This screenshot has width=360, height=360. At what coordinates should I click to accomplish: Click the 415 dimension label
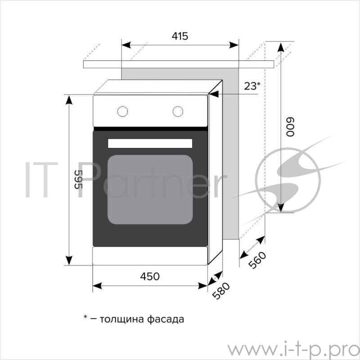tap(180, 36)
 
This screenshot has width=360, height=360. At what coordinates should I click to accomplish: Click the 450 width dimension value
tap(150, 276)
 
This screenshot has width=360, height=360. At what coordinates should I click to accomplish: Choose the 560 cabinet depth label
tap(257, 261)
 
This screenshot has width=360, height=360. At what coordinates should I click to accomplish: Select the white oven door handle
tap(150, 143)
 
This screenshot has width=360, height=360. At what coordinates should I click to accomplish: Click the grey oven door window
tap(150, 189)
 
